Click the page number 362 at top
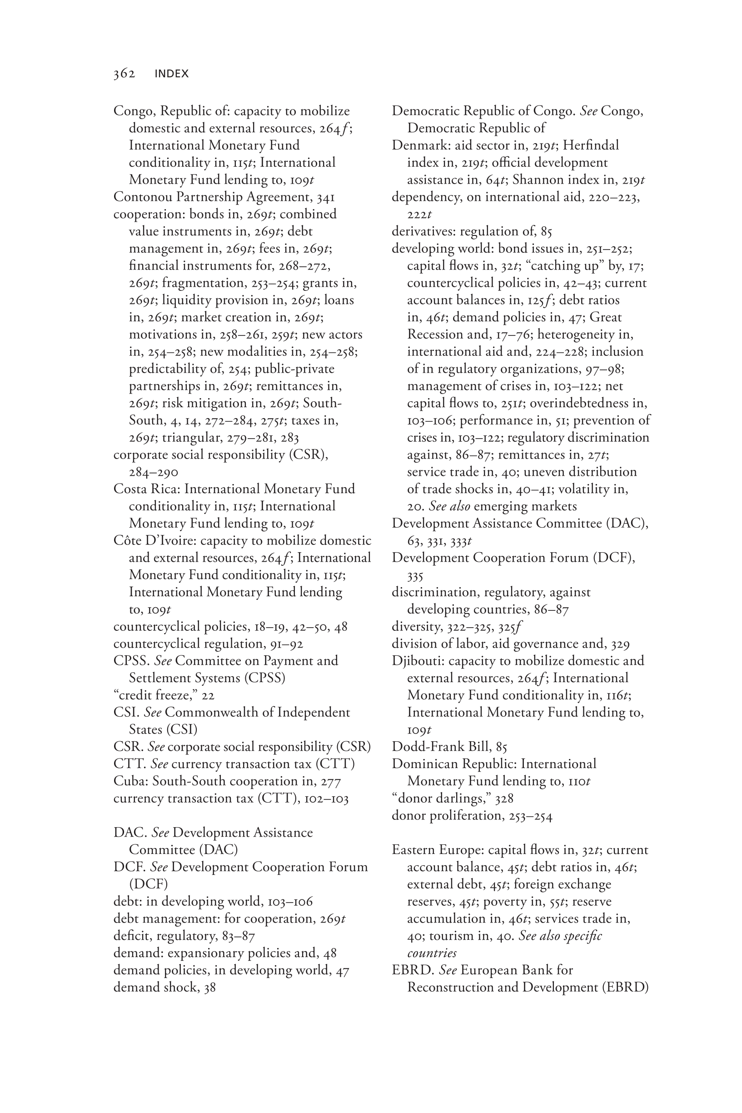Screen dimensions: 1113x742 124,74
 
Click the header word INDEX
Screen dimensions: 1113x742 171,74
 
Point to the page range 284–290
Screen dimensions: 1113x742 153,472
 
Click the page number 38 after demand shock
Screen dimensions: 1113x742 209,988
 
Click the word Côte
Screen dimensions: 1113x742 127,541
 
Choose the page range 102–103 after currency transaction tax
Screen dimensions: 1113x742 326,799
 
